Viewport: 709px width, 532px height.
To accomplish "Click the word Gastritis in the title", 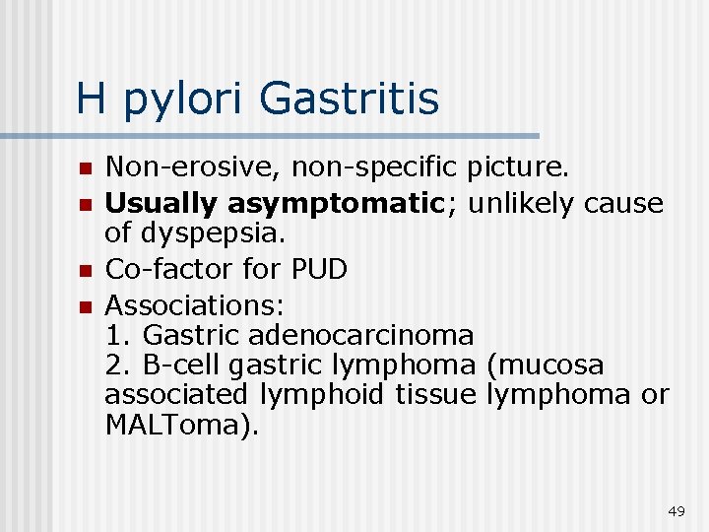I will coord(351,99).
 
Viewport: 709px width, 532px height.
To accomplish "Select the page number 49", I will coord(676,511).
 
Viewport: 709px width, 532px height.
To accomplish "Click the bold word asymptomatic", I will coord(342,204).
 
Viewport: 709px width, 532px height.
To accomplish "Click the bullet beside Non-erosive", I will coord(87,171).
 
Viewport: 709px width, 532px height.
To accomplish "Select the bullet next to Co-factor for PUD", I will coord(87,269).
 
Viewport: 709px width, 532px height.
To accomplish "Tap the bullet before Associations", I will coord(87,301).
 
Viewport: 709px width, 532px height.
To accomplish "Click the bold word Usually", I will coord(161,204).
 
